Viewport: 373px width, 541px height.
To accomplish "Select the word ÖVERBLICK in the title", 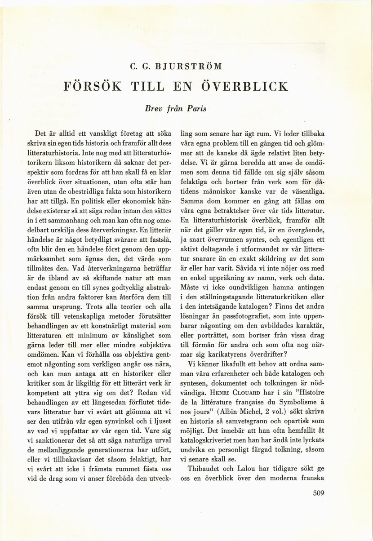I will [x=250, y=86].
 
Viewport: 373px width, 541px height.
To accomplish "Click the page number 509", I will [x=318, y=492].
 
